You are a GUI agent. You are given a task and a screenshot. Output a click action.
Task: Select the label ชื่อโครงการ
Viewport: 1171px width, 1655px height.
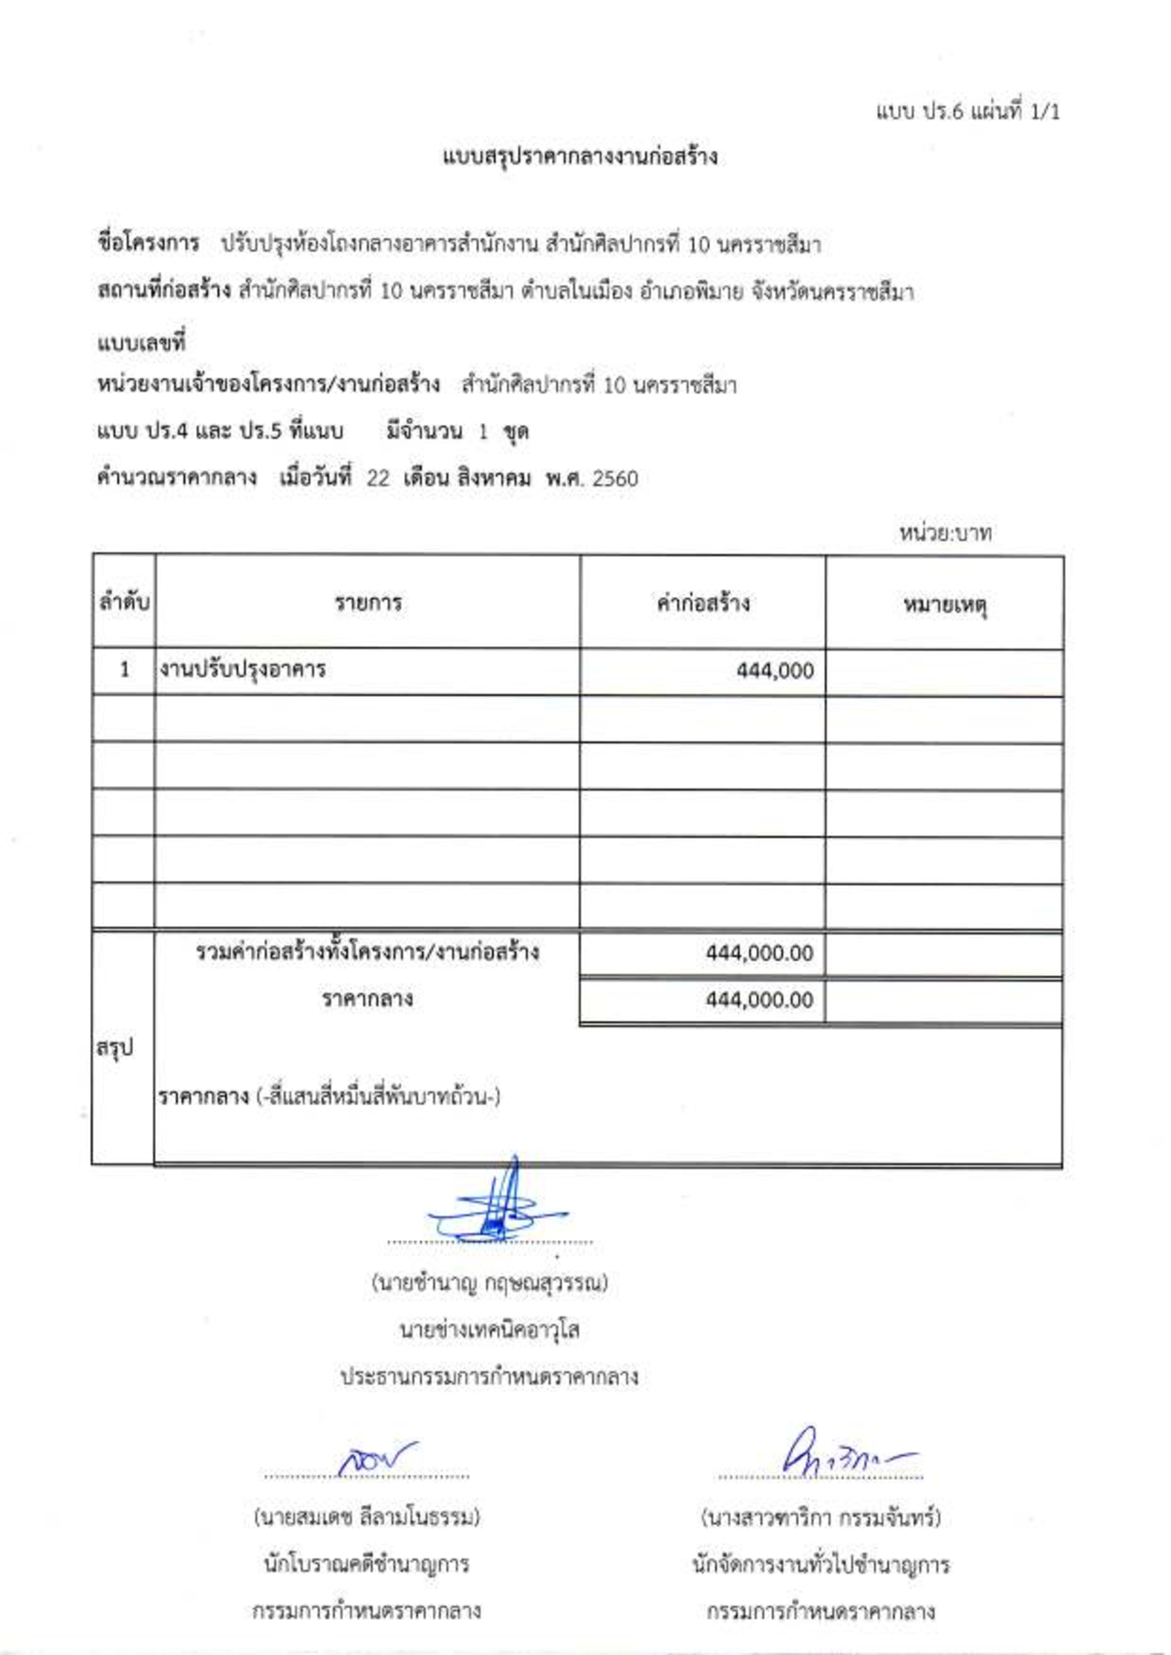(148, 244)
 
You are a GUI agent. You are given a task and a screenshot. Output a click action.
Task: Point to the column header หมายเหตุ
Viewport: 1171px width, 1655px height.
(944, 604)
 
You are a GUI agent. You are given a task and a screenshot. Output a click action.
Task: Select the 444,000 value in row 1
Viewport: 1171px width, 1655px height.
(775, 671)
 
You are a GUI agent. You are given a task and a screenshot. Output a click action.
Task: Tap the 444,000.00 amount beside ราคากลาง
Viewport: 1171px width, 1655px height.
(759, 1000)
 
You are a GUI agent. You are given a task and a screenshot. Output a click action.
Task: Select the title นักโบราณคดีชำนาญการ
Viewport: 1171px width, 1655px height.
(366, 1566)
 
